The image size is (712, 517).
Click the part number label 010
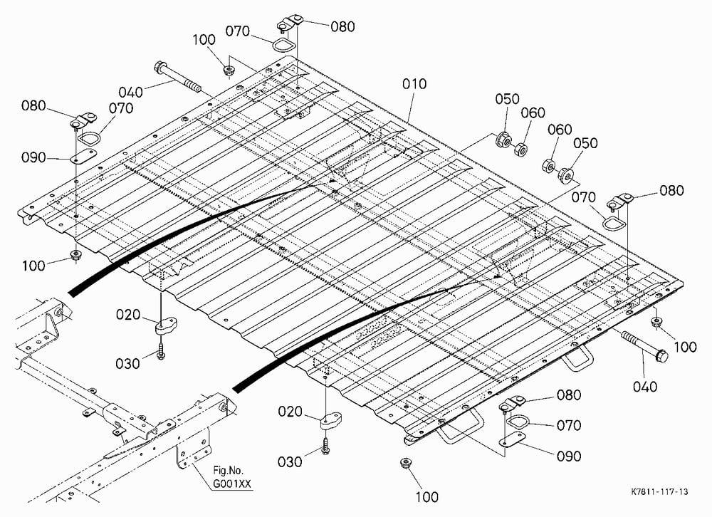(x=414, y=84)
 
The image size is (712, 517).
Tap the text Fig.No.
(x=228, y=471)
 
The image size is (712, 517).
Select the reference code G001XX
(x=232, y=484)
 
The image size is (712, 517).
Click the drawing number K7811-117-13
(x=659, y=491)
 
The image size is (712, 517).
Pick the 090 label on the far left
(x=33, y=158)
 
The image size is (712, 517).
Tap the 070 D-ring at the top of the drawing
(x=283, y=45)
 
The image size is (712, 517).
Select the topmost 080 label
(x=342, y=27)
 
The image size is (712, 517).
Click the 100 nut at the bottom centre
(x=405, y=464)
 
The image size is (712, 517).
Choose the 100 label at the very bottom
(x=426, y=497)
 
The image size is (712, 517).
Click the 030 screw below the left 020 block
(x=161, y=351)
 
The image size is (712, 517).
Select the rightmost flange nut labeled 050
(x=566, y=174)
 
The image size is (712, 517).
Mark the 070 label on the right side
(x=584, y=198)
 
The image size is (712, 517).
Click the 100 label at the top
(x=204, y=40)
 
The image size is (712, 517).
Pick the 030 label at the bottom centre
(x=290, y=462)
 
